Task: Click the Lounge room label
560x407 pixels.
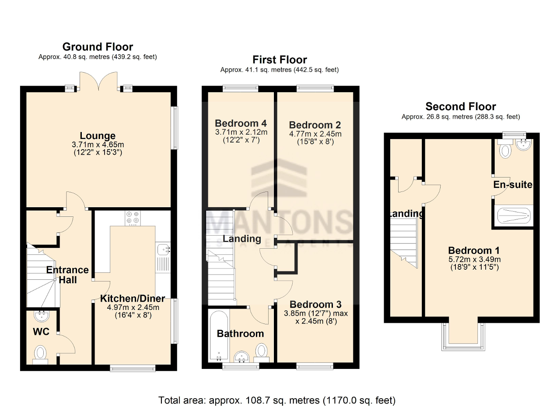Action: pos(98,136)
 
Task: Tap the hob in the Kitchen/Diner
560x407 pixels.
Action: pos(133,218)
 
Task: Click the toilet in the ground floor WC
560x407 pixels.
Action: pos(41,352)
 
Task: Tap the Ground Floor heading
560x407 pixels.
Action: pos(98,47)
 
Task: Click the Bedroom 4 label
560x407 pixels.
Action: pos(241,124)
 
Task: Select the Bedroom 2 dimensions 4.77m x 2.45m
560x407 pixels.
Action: pos(315,134)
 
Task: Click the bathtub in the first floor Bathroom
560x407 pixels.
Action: pos(218,335)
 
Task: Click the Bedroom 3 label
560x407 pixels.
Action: pos(315,304)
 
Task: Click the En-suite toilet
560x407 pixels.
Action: pos(505,150)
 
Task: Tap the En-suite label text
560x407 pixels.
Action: pos(513,184)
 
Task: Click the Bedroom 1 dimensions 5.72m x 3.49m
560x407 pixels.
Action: pos(473,259)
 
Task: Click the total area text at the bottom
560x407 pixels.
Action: pos(277,400)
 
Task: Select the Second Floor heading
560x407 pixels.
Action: pos(461,107)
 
